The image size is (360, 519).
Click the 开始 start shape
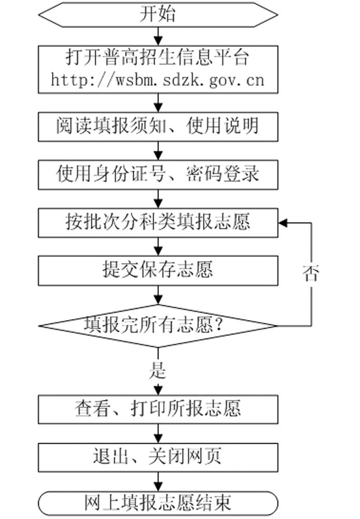(158, 14)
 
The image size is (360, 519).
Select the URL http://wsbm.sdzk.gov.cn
(158, 80)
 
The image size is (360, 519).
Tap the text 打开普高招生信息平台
(158, 57)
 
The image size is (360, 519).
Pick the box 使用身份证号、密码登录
(158, 174)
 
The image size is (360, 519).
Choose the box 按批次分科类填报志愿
(158, 222)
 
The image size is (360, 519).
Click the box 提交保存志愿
(158, 270)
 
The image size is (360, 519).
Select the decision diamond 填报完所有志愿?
(158, 326)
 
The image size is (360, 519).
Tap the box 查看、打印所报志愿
(158, 408)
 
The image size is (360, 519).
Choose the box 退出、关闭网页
(158, 456)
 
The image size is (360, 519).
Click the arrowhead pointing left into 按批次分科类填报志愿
(283, 222)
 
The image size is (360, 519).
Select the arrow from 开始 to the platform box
(158, 35)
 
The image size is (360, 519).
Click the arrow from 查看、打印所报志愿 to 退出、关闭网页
(158, 432)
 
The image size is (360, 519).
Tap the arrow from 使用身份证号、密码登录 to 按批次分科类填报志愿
(158, 198)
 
